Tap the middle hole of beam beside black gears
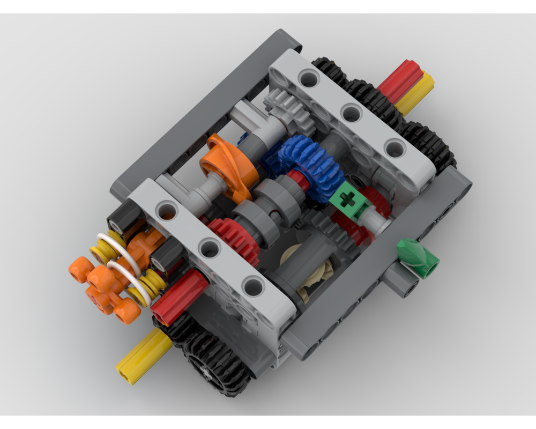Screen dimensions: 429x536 tap(351, 113)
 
